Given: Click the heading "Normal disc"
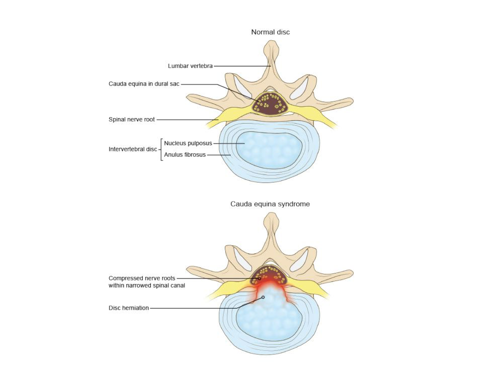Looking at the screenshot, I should click(x=270, y=32).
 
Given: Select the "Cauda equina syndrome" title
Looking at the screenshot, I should click(x=270, y=204).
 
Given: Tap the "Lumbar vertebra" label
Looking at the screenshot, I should click(x=190, y=66).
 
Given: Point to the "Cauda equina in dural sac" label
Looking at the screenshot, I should click(x=144, y=83).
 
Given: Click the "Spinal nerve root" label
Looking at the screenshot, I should click(x=132, y=120).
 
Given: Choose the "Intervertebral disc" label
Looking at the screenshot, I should click(x=133, y=149).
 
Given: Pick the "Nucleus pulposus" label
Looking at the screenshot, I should click(x=188, y=143).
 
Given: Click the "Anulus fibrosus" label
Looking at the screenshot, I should click(x=185, y=155).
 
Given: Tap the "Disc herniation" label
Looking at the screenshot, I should click(x=129, y=308).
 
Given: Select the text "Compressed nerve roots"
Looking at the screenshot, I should click(x=142, y=278).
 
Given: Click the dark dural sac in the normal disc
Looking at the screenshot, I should click(x=270, y=103).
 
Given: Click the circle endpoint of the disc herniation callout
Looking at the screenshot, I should click(x=263, y=297).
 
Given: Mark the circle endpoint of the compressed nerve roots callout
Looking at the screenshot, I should click(x=260, y=278).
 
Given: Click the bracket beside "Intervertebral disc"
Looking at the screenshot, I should click(x=161, y=149).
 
